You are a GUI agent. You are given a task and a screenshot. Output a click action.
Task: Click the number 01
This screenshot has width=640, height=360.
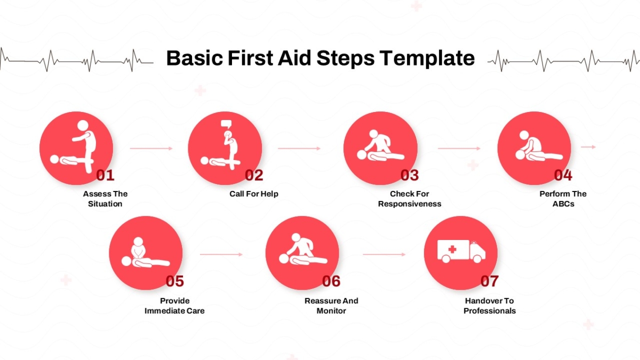tap(105, 175)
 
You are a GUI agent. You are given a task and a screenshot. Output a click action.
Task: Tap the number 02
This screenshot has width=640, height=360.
tap(254, 175)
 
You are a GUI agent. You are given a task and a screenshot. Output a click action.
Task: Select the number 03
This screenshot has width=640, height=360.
tap(410, 175)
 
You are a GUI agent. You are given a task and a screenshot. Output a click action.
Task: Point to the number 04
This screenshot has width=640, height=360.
tap(563, 175)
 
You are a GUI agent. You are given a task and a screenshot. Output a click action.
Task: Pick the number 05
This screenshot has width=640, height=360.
tap(174, 281)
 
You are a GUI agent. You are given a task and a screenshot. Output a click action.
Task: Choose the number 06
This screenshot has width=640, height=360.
tap(331, 281)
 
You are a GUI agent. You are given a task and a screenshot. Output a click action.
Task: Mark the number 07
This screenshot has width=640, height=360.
tap(490, 281)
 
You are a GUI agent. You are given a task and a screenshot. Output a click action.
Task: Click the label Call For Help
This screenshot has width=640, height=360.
tap(254, 194)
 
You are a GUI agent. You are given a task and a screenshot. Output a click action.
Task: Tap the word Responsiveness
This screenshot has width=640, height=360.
tap(410, 204)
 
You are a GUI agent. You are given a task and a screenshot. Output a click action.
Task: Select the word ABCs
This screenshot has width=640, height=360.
tap(563, 204)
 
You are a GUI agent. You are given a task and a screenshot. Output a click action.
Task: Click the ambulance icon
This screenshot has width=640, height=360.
tap(461, 251)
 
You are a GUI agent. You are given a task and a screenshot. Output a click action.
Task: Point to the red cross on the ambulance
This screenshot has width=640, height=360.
tap(452, 250)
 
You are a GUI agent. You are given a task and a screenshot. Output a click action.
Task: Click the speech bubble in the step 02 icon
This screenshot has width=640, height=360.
tap(226, 124)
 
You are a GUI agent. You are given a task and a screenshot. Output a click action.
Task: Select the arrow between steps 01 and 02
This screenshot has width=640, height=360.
tap(151, 148)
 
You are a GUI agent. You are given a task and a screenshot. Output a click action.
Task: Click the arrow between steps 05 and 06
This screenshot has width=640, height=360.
tap(221, 254)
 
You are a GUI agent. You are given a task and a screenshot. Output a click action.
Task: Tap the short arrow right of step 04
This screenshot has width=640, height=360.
tap(588, 147)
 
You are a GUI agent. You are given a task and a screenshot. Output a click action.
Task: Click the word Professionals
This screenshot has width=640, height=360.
tap(490, 311)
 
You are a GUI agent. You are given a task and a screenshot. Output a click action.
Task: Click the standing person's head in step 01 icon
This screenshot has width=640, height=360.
tap(83, 125)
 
